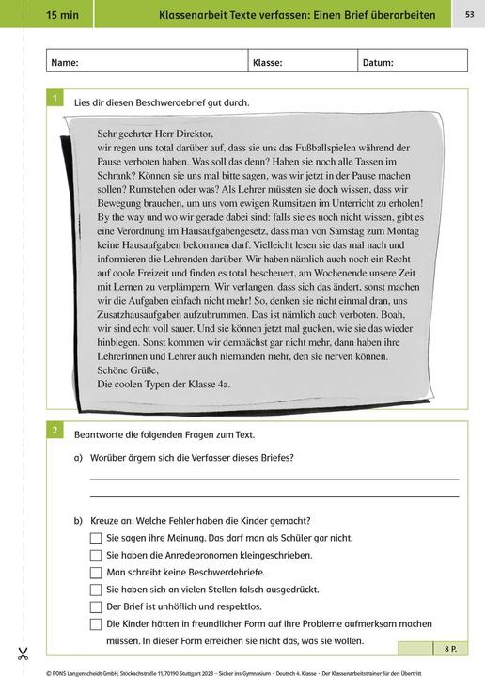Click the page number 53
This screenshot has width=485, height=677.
(x=469, y=14)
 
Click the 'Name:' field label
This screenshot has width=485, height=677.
(x=64, y=63)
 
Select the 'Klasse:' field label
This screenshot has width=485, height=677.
(x=267, y=63)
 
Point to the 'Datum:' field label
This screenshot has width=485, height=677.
(x=378, y=63)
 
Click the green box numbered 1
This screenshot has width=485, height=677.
(x=55, y=98)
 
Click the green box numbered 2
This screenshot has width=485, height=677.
(x=55, y=431)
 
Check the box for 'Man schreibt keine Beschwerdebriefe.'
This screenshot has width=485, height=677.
(x=95, y=572)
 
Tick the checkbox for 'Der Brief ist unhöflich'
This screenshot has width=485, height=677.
(x=95, y=606)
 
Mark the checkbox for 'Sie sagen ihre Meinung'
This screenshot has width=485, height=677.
(x=95, y=538)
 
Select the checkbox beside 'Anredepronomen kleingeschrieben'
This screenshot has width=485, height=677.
(x=95, y=555)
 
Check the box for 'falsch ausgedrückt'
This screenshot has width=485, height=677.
(x=95, y=590)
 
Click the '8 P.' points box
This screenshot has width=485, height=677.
(x=445, y=649)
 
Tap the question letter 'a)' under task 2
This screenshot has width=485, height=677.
(x=79, y=458)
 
